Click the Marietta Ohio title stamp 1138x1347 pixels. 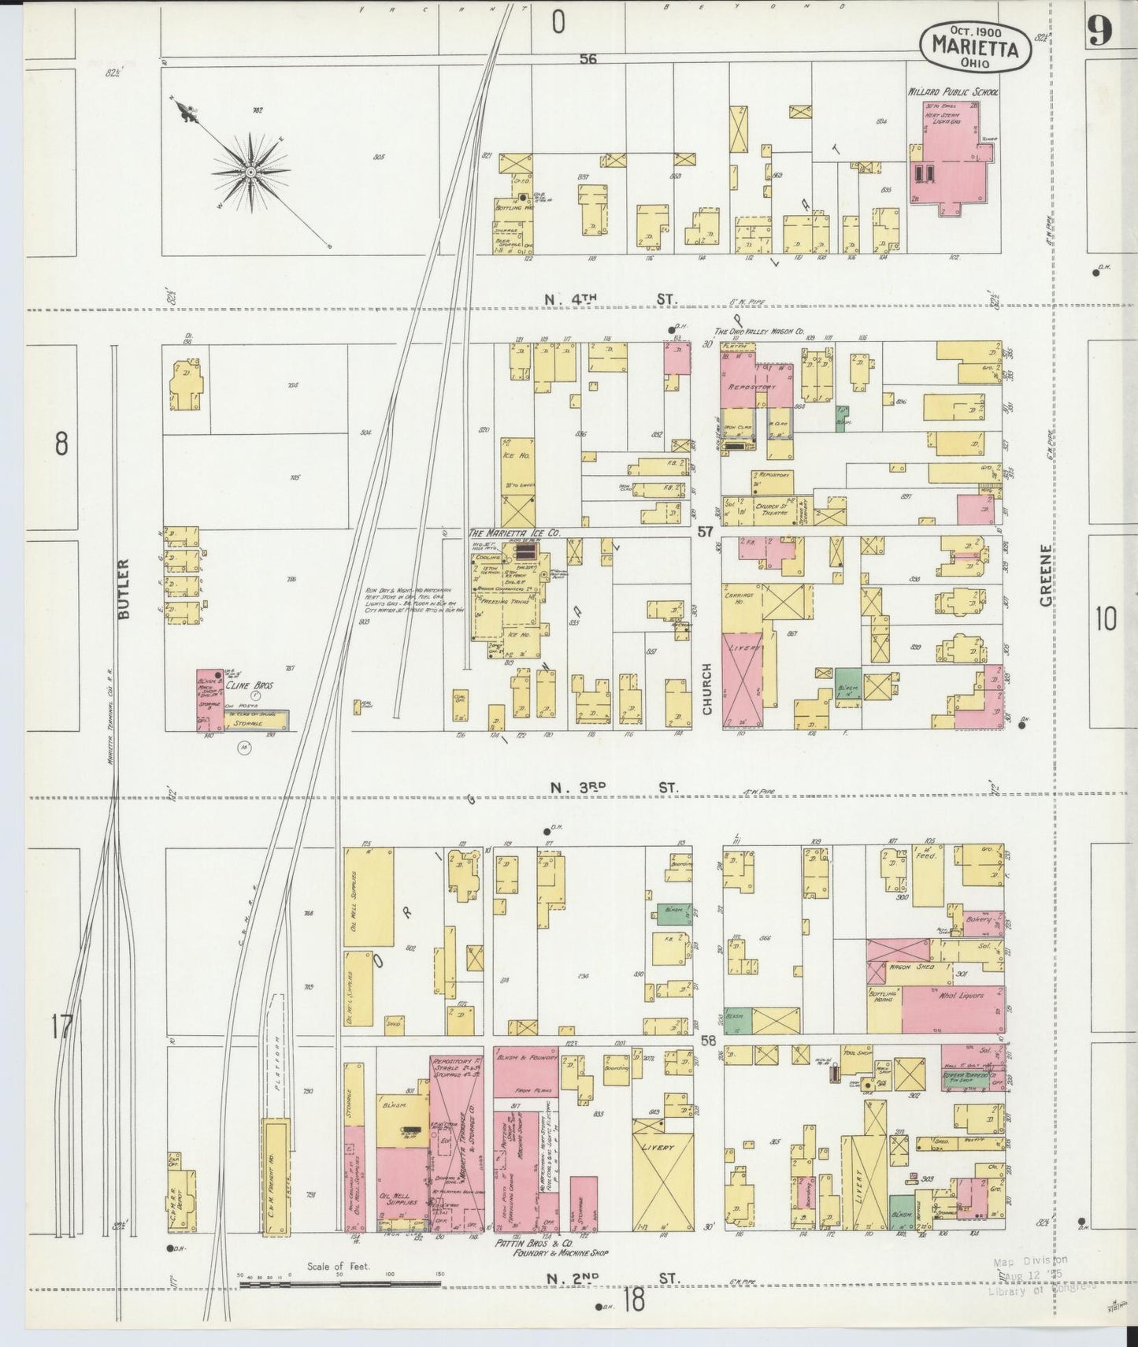click(974, 47)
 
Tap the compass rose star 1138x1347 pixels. click(250, 171)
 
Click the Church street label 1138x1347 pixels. click(706, 689)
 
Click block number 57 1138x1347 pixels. click(705, 532)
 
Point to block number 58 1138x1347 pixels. click(708, 1041)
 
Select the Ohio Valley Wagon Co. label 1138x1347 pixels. click(758, 332)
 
